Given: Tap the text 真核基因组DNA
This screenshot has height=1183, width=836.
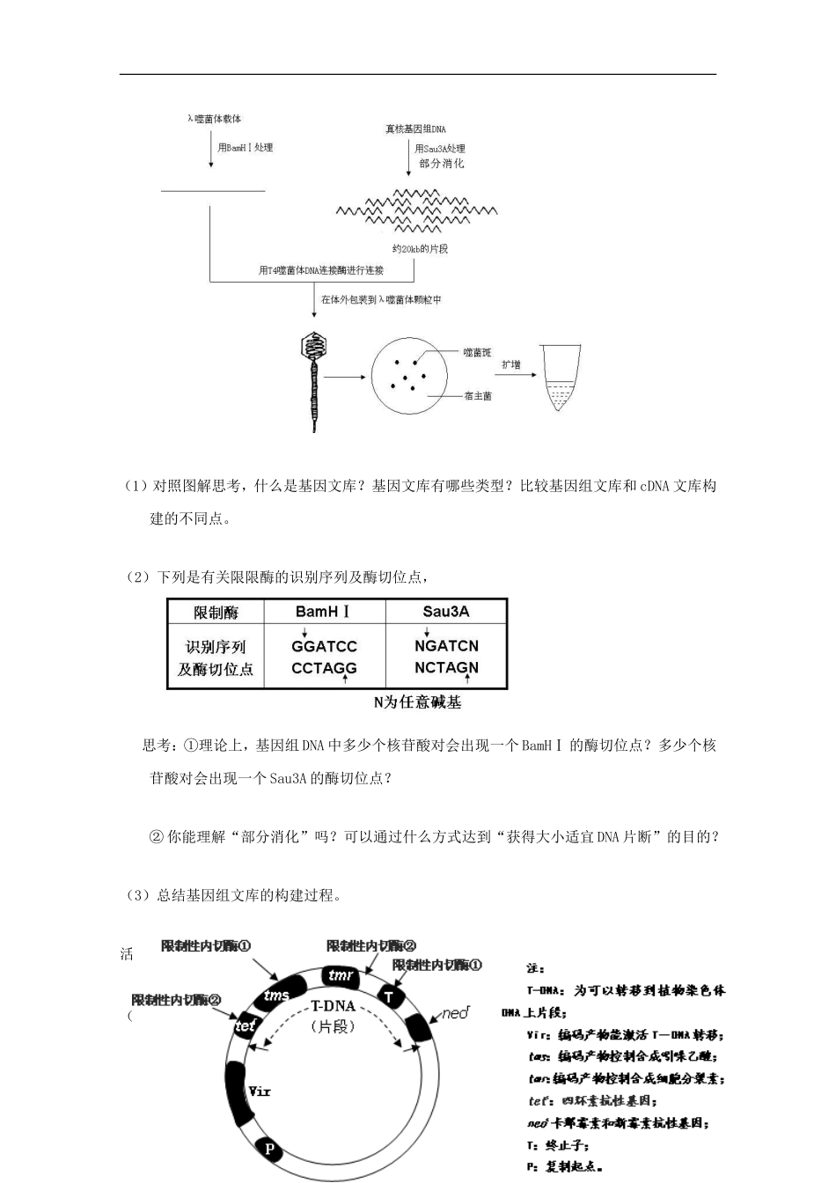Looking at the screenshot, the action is point(415,129).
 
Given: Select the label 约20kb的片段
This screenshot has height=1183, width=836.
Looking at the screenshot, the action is point(421,249).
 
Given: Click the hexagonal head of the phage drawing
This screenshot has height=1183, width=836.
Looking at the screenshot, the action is point(313,345).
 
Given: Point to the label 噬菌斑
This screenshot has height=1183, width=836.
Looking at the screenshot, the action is point(477,353).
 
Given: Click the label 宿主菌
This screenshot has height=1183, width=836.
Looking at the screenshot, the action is point(478,396).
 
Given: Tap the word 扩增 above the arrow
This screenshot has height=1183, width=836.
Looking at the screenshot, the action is point(510,364).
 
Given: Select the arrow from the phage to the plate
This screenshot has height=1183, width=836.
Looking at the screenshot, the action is point(345,377).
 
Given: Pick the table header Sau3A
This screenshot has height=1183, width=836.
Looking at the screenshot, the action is point(446,612).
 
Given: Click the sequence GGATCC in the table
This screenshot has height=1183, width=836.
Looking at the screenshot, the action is point(324,646).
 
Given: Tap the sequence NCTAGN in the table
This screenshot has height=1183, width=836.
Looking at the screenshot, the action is point(446,667).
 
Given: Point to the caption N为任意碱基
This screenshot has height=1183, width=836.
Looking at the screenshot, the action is point(417,702).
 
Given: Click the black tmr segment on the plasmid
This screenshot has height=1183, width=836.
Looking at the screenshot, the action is point(340,976).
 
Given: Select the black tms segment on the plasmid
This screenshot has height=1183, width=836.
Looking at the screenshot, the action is point(276,995).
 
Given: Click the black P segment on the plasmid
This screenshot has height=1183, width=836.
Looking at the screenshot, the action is point(269,1150).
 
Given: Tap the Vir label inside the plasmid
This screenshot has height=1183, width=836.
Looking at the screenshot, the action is point(259,1091).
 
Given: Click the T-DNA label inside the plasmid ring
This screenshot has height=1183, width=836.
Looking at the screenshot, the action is point(333,1006).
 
